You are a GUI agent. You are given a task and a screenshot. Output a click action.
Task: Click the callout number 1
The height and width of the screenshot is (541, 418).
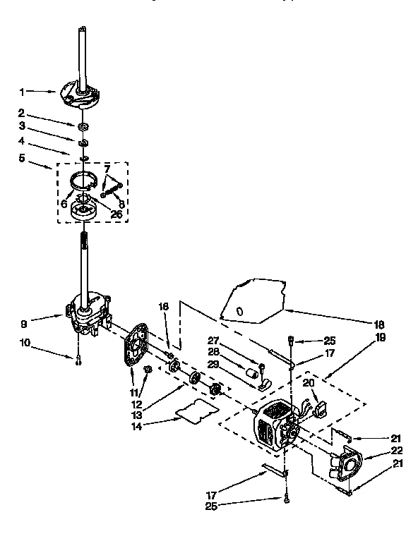tap(23, 91)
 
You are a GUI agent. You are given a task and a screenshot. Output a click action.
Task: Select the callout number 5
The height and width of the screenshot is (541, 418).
tap(22, 158)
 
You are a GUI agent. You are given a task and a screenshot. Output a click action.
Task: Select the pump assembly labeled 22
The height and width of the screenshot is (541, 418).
tap(347, 466)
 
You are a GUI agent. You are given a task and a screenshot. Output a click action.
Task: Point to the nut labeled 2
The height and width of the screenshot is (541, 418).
tap(84, 126)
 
